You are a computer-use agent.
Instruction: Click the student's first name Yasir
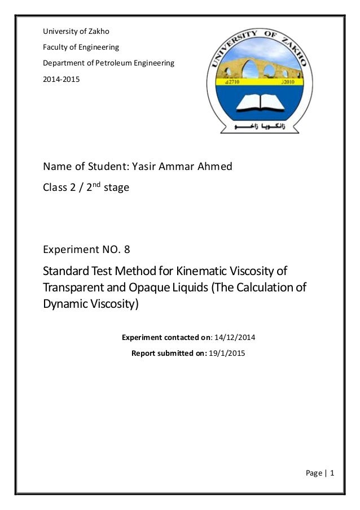pyautogui.click(x=144, y=167)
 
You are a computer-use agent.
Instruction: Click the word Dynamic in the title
pyautogui.click(x=64, y=304)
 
